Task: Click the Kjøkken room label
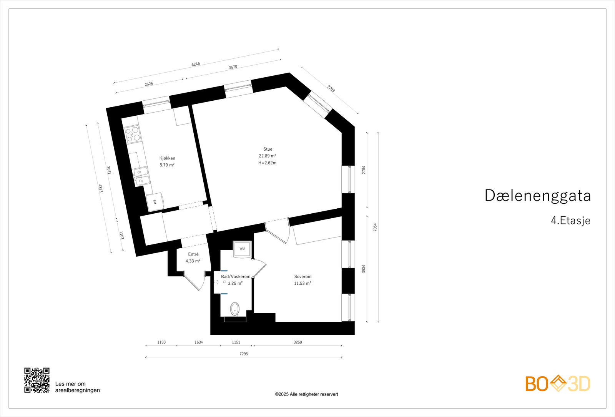pos(167,158)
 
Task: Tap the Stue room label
pos(268,149)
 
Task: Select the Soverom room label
pos(303,277)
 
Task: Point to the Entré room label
pos(193,254)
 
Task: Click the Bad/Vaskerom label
pos(235,277)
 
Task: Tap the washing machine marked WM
pos(242,249)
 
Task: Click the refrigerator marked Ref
pos(155,201)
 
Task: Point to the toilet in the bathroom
pos(234,309)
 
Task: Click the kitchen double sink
pos(141,175)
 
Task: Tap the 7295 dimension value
pos(244,354)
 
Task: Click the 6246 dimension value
pos(196,64)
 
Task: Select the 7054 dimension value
pos(375,227)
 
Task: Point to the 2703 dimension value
pos(331,89)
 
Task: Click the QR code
pos(37,380)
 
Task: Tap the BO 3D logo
pos(558,384)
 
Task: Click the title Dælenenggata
pos(537,196)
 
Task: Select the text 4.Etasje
pos(570,221)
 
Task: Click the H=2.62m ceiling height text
pos(267,163)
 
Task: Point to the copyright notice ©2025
pos(306,394)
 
